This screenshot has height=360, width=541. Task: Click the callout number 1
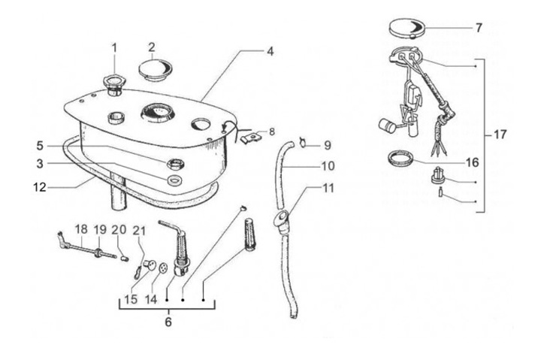(x=115, y=48)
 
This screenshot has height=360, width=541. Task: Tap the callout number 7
(x=479, y=28)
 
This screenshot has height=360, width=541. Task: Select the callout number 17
(x=500, y=135)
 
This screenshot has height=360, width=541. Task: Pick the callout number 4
(x=269, y=52)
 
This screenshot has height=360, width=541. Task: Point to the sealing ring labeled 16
(x=400, y=159)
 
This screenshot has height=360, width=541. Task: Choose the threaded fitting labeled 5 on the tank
(x=174, y=164)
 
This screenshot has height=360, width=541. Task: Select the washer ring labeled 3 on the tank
(x=174, y=181)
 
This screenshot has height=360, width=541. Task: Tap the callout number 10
(x=328, y=165)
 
